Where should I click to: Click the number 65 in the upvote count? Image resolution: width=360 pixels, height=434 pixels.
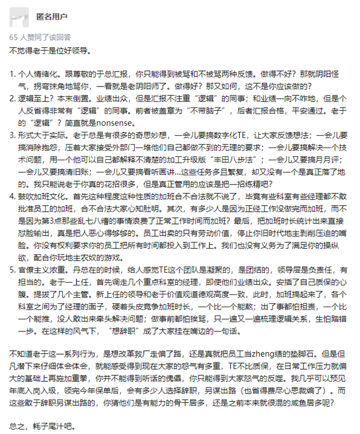[14, 38]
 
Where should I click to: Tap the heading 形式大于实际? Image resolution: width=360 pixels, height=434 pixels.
[39, 135]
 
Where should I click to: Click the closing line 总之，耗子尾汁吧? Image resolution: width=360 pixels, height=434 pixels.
[43, 427]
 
